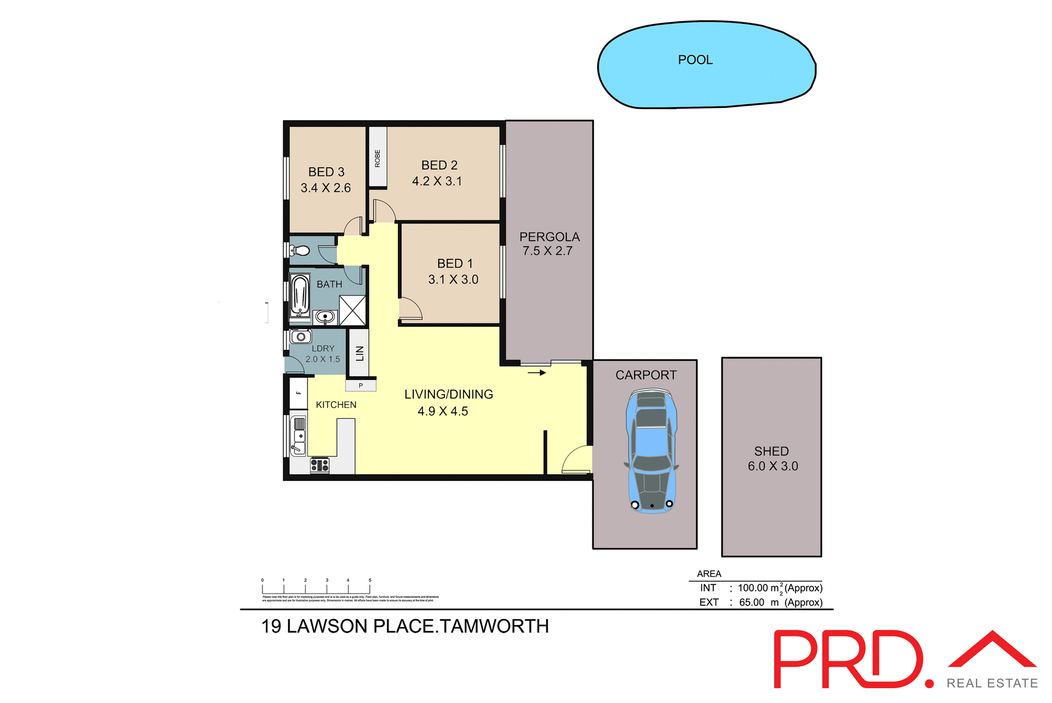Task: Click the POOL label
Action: point(695,60)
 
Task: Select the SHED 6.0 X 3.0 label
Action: point(772,458)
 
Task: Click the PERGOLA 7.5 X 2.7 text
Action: point(549,244)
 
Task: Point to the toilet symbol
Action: point(300,252)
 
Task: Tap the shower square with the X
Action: point(352,310)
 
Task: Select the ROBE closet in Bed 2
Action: point(378,157)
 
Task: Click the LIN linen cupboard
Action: point(359,353)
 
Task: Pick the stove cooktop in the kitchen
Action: point(319,466)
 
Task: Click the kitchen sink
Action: point(299,436)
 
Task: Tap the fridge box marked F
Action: point(299,393)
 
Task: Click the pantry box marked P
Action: point(361,385)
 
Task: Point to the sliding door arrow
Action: point(537,373)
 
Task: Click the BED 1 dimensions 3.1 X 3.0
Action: point(453,280)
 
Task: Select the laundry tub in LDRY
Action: point(301,336)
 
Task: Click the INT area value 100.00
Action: point(752,588)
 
